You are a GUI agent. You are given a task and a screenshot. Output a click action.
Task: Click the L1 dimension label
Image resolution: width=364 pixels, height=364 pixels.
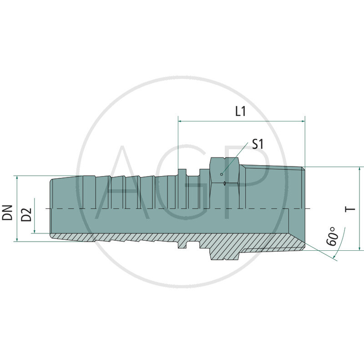click(x=240, y=111)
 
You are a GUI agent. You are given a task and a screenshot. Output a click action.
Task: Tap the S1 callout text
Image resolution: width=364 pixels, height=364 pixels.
click(x=258, y=145)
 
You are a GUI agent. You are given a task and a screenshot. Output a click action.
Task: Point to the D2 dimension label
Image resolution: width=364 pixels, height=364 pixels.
click(x=27, y=214)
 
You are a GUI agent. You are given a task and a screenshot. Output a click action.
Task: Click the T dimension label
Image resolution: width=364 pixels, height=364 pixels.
click(x=350, y=209)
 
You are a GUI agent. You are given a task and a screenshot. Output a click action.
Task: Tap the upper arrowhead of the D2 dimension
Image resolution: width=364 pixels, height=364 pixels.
click(x=34, y=201)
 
